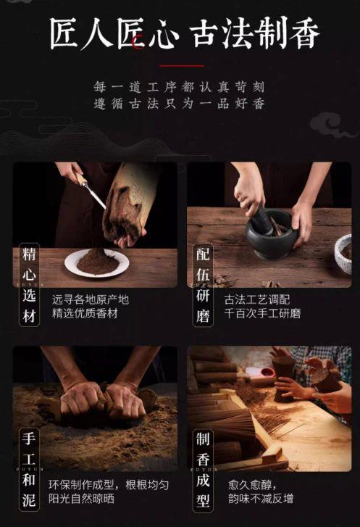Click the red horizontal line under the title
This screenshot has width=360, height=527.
181,66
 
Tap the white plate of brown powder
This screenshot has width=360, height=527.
97,263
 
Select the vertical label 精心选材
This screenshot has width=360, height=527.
29,285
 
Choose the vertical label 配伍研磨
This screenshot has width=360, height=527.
203,285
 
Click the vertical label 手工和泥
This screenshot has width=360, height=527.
29,470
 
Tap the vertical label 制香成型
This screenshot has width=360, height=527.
203,470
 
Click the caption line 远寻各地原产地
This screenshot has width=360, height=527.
91,299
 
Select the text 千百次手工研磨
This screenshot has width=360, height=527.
262,313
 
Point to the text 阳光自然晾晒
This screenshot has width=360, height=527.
81,498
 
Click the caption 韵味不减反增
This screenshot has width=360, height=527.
261,498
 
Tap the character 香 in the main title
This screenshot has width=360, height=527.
304,33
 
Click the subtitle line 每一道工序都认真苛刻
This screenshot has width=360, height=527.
180,88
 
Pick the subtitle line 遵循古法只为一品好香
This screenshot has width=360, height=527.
180,104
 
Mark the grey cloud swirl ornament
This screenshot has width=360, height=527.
331,125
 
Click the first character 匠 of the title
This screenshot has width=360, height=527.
65,33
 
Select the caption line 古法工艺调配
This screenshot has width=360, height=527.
257,299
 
